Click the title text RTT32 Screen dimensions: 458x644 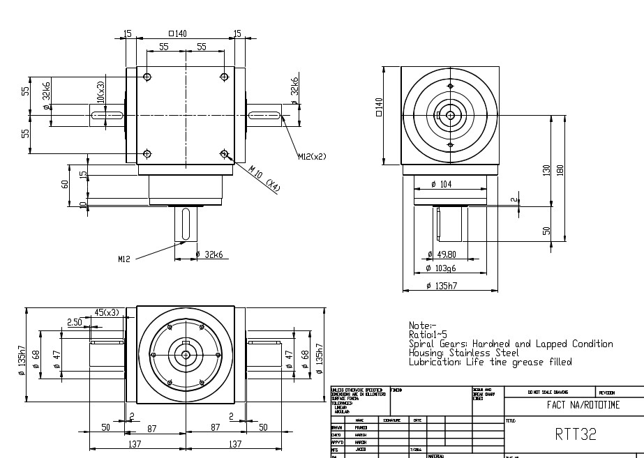coord(576,434)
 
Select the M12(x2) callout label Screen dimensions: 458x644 coord(313,156)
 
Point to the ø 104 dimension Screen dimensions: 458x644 coord(443,184)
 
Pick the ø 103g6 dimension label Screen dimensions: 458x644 coord(442,268)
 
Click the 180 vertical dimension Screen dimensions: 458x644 coord(560,170)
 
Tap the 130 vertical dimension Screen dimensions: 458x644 coord(546,170)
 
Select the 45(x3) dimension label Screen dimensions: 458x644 coord(106,312)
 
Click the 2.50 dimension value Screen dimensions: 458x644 coord(75,321)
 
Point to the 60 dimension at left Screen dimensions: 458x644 coord(65,185)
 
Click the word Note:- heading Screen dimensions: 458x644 coord(422,326)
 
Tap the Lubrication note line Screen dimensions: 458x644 coord(490,362)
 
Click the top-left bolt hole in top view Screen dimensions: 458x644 coord(147,77)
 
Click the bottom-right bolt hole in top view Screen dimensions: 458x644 coord(224,153)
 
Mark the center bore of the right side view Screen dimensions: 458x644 coord(450,115)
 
